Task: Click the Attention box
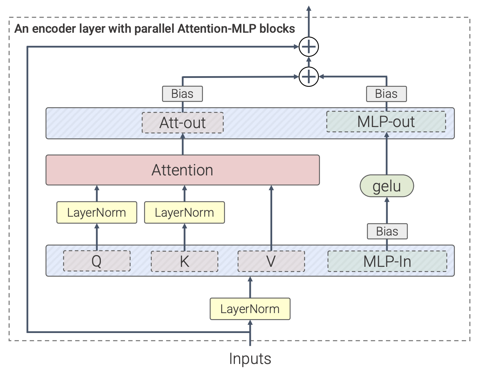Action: pyautogui.click(x=182, y=170)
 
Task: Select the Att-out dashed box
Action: pyautogui.click(x=182, y=123)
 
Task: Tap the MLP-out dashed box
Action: pyautogui.click(x=386, y=122)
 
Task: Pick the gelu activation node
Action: pyautogui.click(x=387, y=186)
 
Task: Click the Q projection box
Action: pyautogui.click(x=97, y=261)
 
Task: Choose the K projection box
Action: pyautogui.click(x=184, y=261)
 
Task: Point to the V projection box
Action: pyautogui.click(x=271, y=261)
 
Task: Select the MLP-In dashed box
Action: pyautogui.click(x=387, y=261)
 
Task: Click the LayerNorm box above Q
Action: pyautogui.click(x=97, y=212)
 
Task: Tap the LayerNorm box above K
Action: pyautogui.click(x=184, y=212)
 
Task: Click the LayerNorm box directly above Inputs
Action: pyautogui.click(x=250, y=309)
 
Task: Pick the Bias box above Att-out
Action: pyautogui.click(x=182, y=94)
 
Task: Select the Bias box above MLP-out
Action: pyautogui.click(x=386, y=94)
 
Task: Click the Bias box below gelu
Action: pyautogui.click(x=387, y=231)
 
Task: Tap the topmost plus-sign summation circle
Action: pyautogui.click(x=309, y=47)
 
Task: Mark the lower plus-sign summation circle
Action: pyautogui.click(x=309, y=76)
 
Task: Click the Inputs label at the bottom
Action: pyautogui.click(x=250, y=359)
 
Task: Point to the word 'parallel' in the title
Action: pyautogui.click(x=155, y=28)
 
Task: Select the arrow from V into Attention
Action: pyautogui.click(x=271, y=217)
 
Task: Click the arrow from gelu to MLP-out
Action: pyautogui.click(x=387, y=153)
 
